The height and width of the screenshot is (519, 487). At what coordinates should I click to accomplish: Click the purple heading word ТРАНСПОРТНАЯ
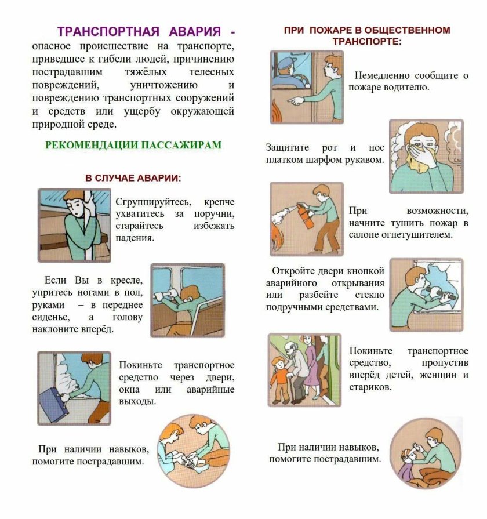108,31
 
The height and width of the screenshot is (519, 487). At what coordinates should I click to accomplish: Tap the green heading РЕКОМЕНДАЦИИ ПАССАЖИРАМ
133,145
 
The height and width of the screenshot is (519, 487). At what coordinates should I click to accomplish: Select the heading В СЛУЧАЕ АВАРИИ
133,178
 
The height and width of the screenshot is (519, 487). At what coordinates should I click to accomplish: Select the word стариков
370,387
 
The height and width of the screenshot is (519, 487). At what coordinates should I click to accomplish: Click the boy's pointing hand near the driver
296,100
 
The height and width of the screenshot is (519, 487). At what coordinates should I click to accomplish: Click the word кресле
127,280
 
